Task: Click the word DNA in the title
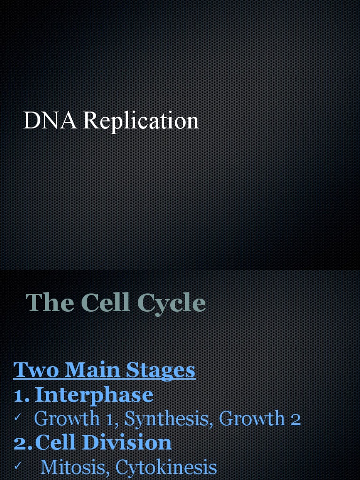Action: coord(50,120)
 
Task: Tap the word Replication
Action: coord(141,121)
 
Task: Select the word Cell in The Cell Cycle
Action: coord(105,302)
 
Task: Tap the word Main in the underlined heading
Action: coord(86,370)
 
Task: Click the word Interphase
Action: coord(94,395)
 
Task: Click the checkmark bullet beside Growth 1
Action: coord(18,417)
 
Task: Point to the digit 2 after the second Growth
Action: coord(295,419)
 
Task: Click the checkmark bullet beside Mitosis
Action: coord(18,465)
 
